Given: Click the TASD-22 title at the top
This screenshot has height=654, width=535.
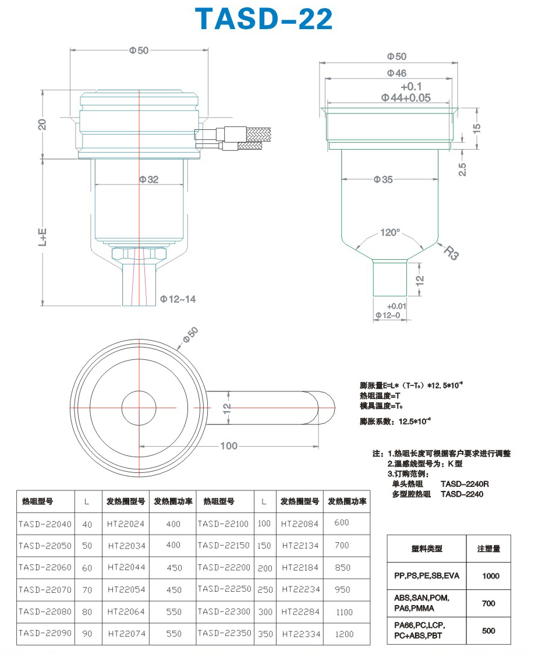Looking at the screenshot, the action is tap(264, 19).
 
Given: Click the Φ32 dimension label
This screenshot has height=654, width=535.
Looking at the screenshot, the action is tap(149, 179).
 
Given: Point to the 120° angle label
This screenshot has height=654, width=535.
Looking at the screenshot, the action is tap(390, 232).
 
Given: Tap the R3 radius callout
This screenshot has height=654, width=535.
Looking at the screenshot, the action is tap(451, 253).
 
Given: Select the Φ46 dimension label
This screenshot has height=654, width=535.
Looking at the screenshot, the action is tap(396, 73).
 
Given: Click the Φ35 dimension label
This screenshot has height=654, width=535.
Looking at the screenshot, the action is tap(383, 179).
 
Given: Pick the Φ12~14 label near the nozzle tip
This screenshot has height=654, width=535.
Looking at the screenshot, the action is tap(178, 299).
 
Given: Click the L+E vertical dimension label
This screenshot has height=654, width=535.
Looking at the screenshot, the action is tap(42, 237).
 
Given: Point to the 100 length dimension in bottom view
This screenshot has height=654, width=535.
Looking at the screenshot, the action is tap(229, 446).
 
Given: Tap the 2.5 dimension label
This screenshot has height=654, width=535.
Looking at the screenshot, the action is tap(462, 169).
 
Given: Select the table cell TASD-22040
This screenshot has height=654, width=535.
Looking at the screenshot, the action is tap(45, 524).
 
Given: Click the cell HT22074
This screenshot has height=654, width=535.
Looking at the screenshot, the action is tap(127, 634).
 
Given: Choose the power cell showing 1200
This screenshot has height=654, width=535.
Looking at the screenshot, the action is tap(345, 634).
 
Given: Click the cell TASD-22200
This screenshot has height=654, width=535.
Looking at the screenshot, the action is tap(224, 567).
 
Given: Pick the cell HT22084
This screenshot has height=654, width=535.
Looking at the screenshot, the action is tap(299, 524).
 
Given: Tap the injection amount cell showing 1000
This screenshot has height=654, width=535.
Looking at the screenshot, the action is tap(491, 576).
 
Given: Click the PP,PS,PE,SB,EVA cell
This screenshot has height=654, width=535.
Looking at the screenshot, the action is tap(427, 575).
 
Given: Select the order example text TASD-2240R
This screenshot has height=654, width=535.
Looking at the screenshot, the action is tap(465, 484).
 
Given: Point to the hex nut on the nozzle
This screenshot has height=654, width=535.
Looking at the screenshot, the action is tap(139, 253).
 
